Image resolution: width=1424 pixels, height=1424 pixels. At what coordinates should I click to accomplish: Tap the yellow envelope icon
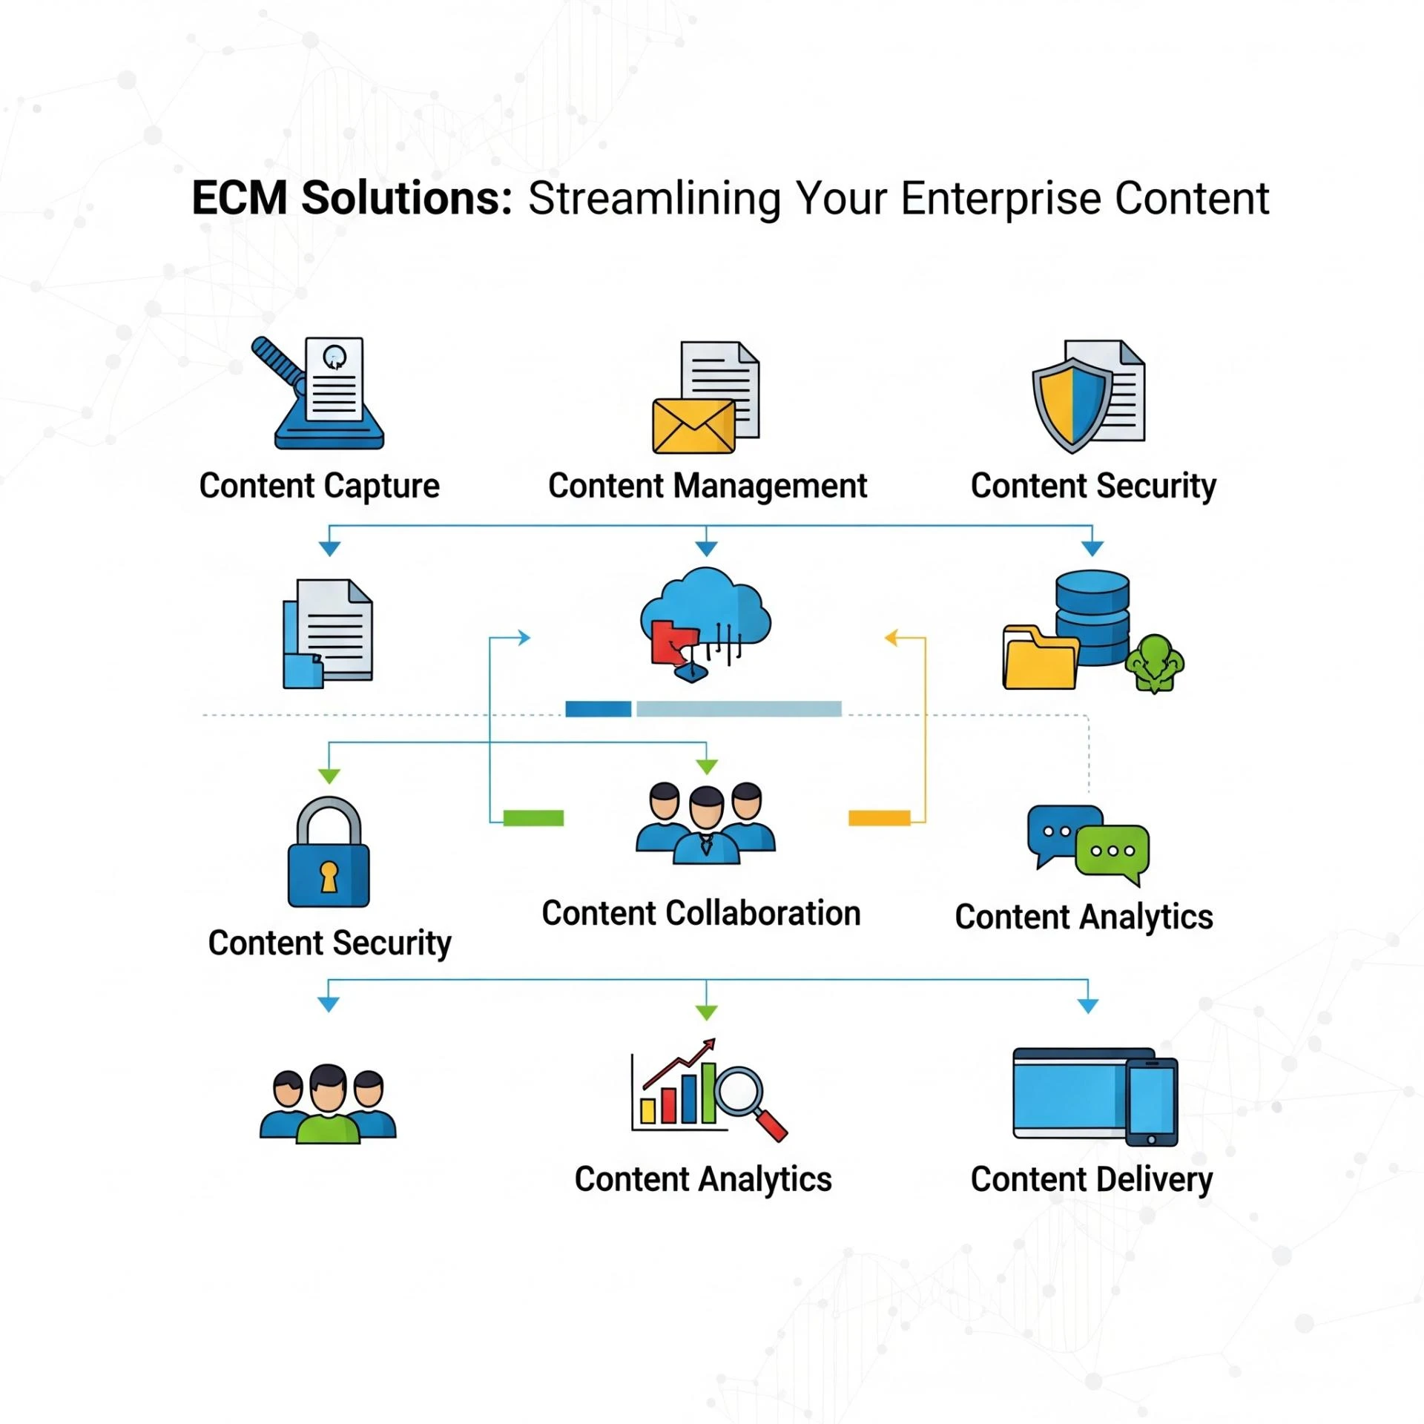point(693,426)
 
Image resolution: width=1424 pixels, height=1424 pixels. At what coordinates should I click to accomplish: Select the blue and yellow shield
point(1071,404)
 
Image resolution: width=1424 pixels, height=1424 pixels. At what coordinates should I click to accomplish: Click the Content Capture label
point(319,487)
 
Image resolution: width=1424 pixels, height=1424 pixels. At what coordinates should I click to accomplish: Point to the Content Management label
point(707,487)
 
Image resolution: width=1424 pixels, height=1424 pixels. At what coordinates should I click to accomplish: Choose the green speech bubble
point(1112,852)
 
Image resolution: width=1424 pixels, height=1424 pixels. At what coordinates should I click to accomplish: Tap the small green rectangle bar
point(533,818)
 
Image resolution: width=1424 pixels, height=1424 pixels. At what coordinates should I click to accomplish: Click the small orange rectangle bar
point(879,818)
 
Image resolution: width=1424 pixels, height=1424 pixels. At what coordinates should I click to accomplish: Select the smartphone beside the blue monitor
point(1151,1101)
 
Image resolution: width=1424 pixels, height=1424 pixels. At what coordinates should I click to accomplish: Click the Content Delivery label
point(1091,1180)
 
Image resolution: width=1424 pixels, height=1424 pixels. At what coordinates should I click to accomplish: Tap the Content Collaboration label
point(701,914)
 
